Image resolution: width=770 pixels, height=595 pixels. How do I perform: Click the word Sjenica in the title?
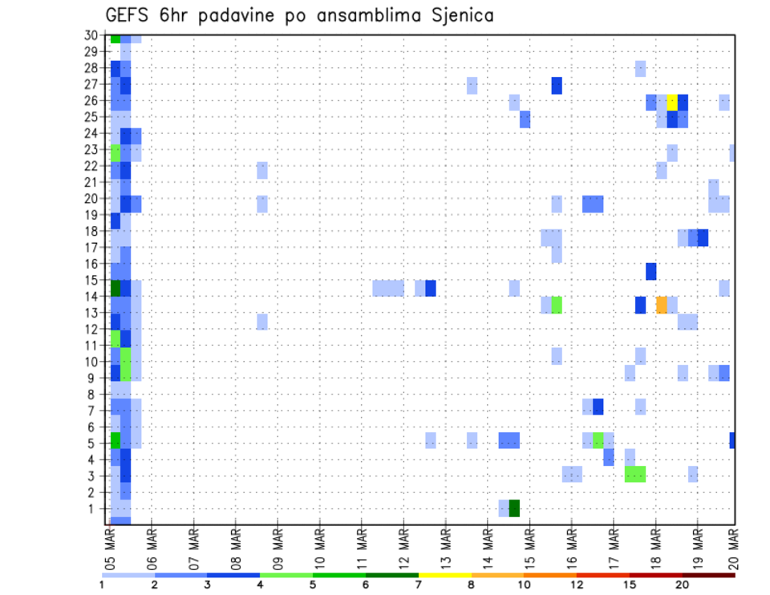coord(460,15)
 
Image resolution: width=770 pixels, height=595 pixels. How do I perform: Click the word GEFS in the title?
coord(126,15)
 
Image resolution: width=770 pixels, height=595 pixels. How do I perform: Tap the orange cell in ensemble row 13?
coord(662,305)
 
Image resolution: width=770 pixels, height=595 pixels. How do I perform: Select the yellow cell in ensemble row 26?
coord(672,102)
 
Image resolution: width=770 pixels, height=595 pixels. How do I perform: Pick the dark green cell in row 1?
coord(514,508)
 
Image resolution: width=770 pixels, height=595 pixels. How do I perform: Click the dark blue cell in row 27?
coord(557,86)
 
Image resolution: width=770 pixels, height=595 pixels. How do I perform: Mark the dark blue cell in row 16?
coord(651,271)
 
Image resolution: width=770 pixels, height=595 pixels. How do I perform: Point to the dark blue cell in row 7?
coord(598,407)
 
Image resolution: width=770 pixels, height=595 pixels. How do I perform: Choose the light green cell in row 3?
coord(635,474)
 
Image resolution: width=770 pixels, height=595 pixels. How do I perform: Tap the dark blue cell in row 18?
coord(703,237)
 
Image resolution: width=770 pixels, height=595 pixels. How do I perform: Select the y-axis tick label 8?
coord(95,394)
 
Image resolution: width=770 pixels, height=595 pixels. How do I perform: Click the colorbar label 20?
coord(683,585)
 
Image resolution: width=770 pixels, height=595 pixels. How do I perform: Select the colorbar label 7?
coord(419,585)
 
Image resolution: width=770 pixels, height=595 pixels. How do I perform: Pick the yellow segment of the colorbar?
coord(445,575)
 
